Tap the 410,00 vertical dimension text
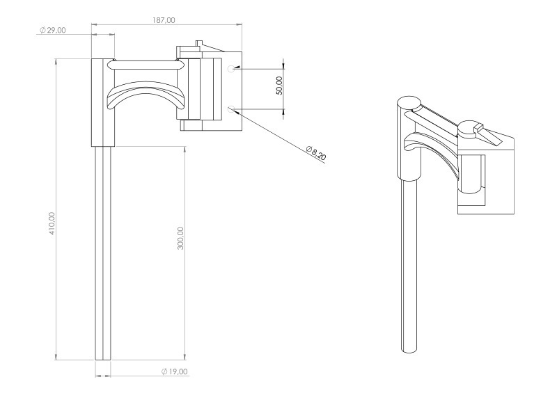pos(52,223)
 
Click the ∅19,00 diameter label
pos(174,371)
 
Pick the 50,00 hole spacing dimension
pos(279,86)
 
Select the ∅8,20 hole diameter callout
pos(316,154)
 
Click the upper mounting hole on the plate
pos(232,69)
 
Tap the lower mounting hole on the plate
pos(232,108)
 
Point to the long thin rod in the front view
pos(103,250)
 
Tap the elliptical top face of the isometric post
pos(409,103)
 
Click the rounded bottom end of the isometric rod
pos(410,349)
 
